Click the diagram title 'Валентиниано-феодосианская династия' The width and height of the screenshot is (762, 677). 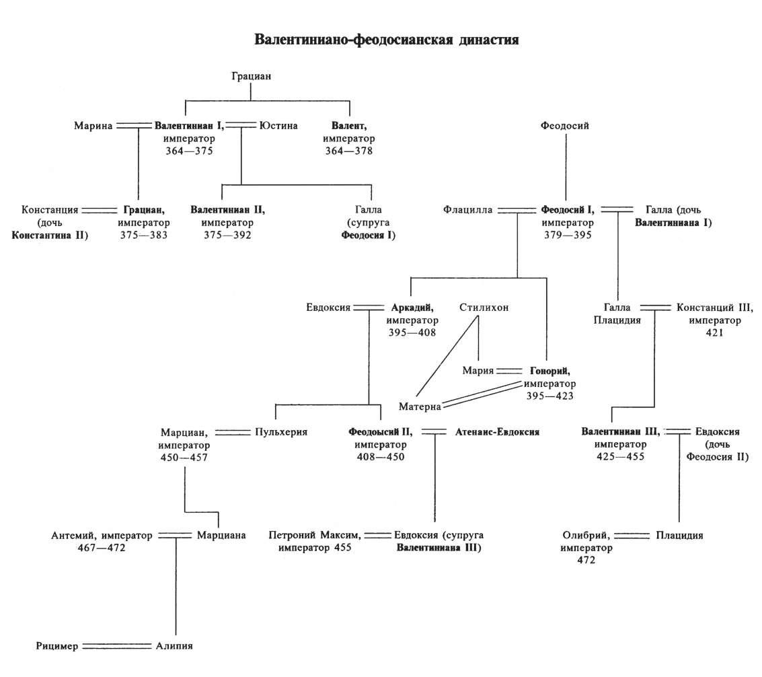(x=386, y=40)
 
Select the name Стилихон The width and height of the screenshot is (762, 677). (x=484, y=308)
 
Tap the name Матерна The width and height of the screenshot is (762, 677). (x=419, y=406)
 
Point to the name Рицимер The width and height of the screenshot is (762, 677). (x=59, y=646)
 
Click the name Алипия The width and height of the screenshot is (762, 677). (x=175, y=646)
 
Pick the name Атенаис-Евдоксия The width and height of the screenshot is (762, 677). (x=497, y=432)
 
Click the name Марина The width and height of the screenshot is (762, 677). (x=93, y=125)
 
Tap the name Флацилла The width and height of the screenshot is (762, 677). (x=467, y=210)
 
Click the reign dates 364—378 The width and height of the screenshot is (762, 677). (x=348, y=151)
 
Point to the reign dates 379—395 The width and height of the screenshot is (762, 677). (x=568, y=236)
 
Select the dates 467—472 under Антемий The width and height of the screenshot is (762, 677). (x=102, y=548)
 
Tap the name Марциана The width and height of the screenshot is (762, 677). (x=221, y=536)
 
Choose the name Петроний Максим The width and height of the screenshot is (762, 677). (x=314, y=536)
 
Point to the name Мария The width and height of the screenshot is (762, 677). (x=478, y=371)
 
